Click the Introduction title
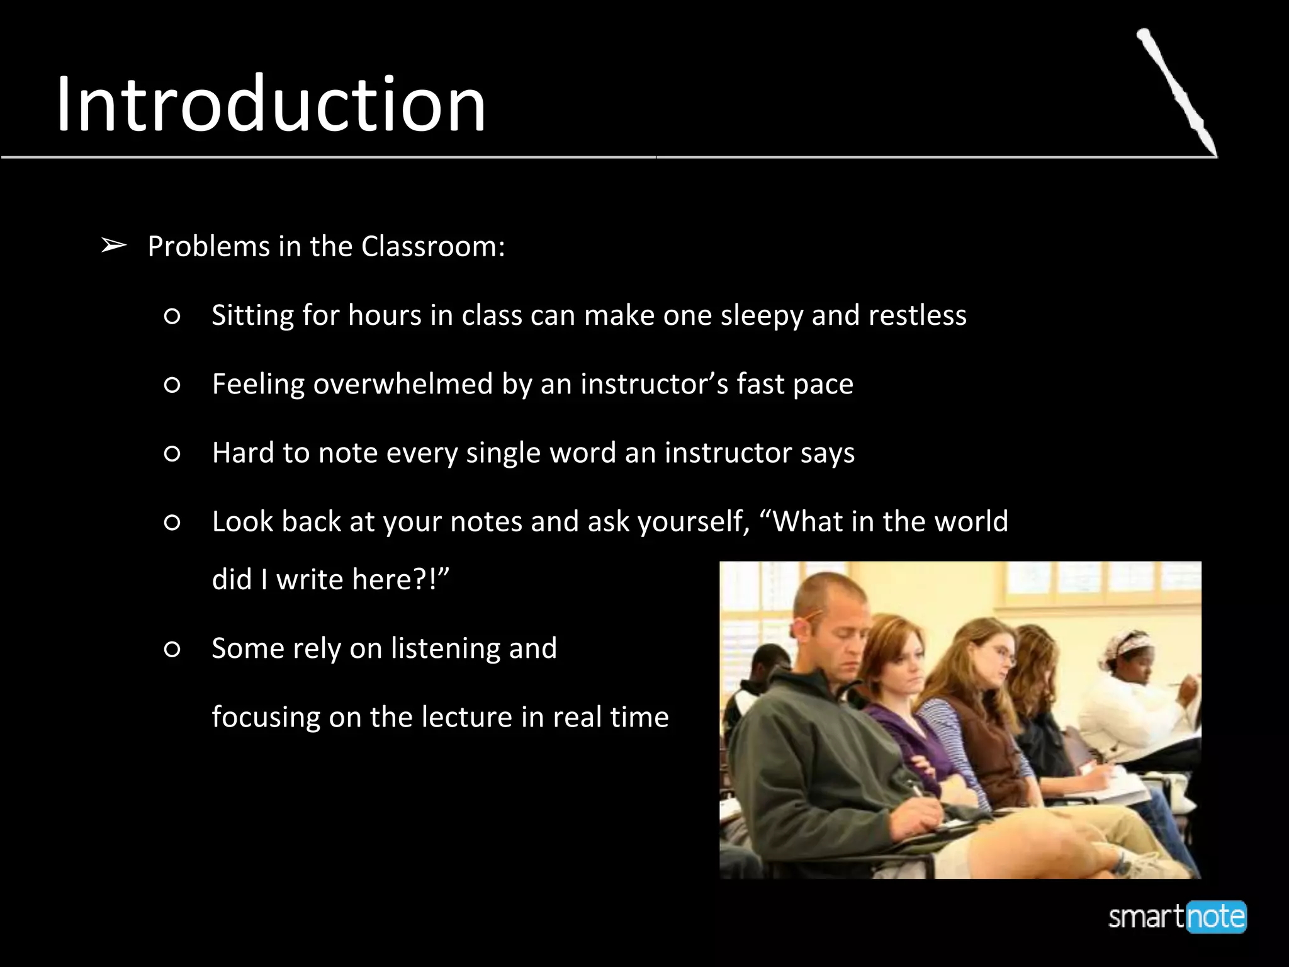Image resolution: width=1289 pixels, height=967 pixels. click(271, 105)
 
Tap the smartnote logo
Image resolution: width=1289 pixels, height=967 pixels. click(1177, 917)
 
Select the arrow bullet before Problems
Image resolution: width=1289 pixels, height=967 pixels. click(113, 246)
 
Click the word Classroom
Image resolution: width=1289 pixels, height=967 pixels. click(433, 246)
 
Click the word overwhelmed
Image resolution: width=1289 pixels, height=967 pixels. click(403, 384)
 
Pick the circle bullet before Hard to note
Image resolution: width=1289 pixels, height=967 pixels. click(172, 453)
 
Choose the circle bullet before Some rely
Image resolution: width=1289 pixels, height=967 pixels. click(172, 649)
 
